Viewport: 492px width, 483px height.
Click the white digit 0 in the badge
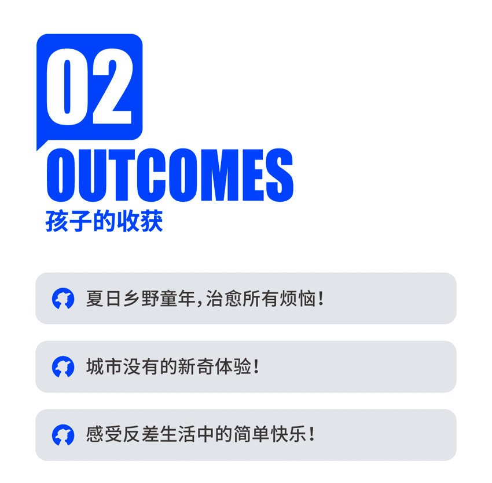coord(67,87)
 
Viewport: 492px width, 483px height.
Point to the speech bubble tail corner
coord(38,150)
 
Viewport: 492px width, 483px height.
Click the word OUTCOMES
coord(170,175)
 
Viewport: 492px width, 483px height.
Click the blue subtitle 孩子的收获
coord(104,221)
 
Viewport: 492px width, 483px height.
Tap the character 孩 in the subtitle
coord(57,221)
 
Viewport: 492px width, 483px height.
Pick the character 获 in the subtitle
coord(151,221)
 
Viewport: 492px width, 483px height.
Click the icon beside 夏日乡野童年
coord(63,299)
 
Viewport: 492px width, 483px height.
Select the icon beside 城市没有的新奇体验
coord(63,366)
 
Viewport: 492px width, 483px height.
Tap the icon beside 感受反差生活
coord(63,435)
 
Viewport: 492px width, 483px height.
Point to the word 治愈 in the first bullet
coord(224,299)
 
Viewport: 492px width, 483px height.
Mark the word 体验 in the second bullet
coord(233,366)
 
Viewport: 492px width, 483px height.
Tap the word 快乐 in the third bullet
coord(289,434)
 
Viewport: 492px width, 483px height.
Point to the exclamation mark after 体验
coord(256,366)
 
